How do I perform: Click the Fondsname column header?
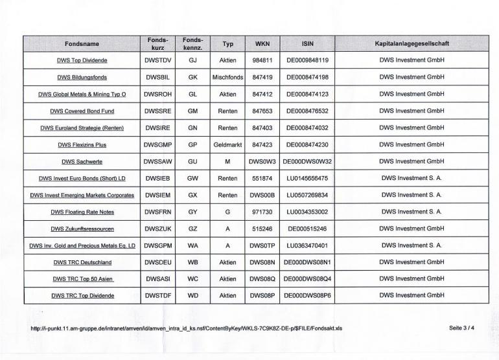coord(82,43)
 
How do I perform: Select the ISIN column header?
coord(308,43)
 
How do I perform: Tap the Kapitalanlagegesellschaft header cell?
coord(412,43)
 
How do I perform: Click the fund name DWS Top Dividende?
coord(82,60)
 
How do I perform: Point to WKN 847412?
coord(262,94)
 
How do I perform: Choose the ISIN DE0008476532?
coord(308,111)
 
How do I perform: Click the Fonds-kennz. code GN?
coord(192,128)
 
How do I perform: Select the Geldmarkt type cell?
coord(227,144)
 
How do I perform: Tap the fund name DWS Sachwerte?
coord(82,161)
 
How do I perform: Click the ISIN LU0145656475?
coord(308,178)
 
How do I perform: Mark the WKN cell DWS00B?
coord(262,195)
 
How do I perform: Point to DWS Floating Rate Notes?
coord(82,212)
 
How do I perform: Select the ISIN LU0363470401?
coord(308,245)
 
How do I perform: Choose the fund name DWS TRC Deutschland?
coord(82,262)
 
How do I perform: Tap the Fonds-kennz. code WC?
coord(192,279)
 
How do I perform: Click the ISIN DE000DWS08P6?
coord(308,296)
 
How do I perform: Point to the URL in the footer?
coord(187,328)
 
